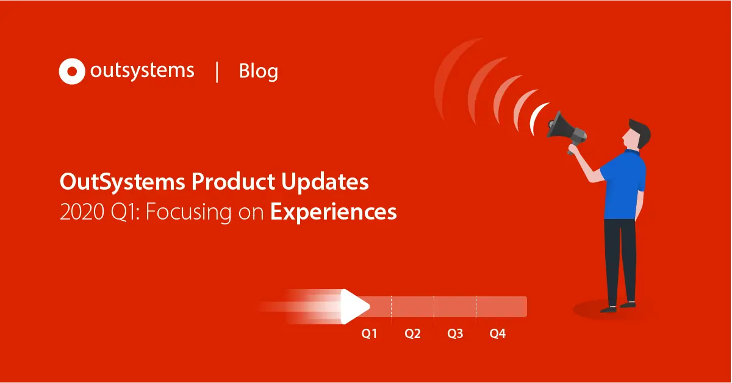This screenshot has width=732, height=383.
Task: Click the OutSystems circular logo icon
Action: tap(72, 71)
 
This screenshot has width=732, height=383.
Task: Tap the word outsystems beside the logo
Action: tap(142, 71)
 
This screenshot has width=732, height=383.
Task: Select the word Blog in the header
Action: tap(258, 71)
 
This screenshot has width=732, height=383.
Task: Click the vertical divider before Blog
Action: tap(217, 71)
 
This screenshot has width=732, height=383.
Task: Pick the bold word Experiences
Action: tap(333, 212)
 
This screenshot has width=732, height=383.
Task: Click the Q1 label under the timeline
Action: tap(369, 334)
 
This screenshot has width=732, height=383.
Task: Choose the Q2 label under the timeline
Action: tap(412, 334)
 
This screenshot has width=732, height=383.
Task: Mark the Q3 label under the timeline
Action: tap(455, 334)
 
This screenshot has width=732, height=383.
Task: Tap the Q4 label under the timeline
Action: tap(498, 334)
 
